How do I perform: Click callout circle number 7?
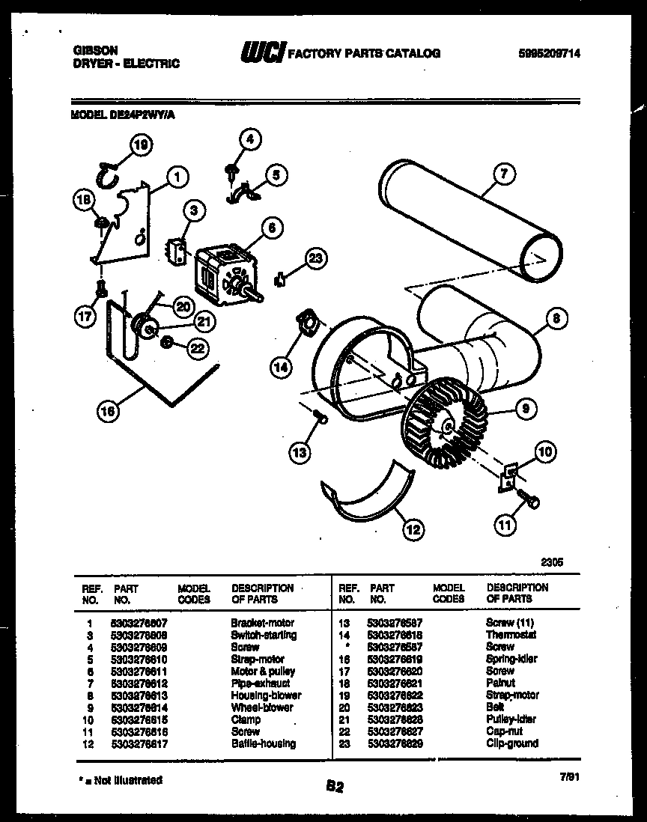click(x=504, y=174)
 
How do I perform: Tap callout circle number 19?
click(x=139, y=147)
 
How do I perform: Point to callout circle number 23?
click(x=317, y=258)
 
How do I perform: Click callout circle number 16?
click(x=109, y=410)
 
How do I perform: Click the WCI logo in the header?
click(x=261, y=53)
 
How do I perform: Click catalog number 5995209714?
click(x=549, y=53)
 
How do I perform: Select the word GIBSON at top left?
click(x=95, y=49)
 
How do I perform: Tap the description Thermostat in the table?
click(x=511, y=635)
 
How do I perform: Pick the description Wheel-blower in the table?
click(x=262, y=707)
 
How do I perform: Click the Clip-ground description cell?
click(x=511, y=743)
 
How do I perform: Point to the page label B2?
click(x=335, y=786)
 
